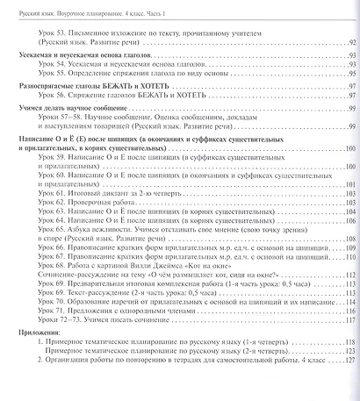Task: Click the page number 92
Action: [x=349, y=42]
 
